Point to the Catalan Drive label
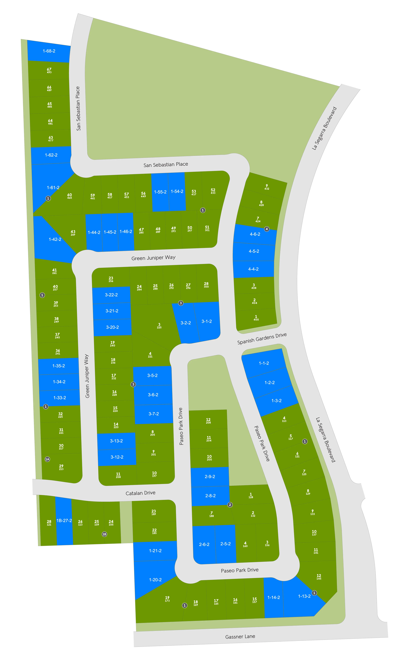[140, 493]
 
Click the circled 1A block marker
[47, 459]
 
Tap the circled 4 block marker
[267, 229]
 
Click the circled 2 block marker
[230, 505]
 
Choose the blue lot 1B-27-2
[64, 521]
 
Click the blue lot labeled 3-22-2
[111, 295]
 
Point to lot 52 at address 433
[213, 191]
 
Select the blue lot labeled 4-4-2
[253, 269]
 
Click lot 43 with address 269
[73, 233]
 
